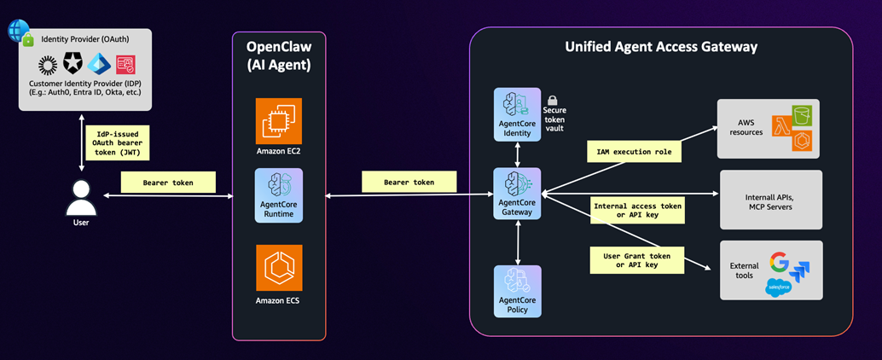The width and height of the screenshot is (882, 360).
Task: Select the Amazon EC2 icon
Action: click(x=278, y=122)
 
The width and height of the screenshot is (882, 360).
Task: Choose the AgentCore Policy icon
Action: click(x=517, y=284)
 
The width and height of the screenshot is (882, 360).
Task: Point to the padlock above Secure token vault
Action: click(x=552, y=101)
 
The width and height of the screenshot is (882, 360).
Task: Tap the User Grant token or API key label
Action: click(x=638, y=259)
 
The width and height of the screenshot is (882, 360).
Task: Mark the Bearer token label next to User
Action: click(x=167, y=182)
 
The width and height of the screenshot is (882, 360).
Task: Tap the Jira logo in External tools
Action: click(x=801, y=271)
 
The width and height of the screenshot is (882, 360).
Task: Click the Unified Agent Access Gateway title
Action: click(x=661, y=48)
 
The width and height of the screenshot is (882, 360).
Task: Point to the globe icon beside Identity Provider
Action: click(x=16, y=30)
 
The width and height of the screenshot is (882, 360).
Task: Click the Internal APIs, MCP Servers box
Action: click(x=771, y=200)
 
